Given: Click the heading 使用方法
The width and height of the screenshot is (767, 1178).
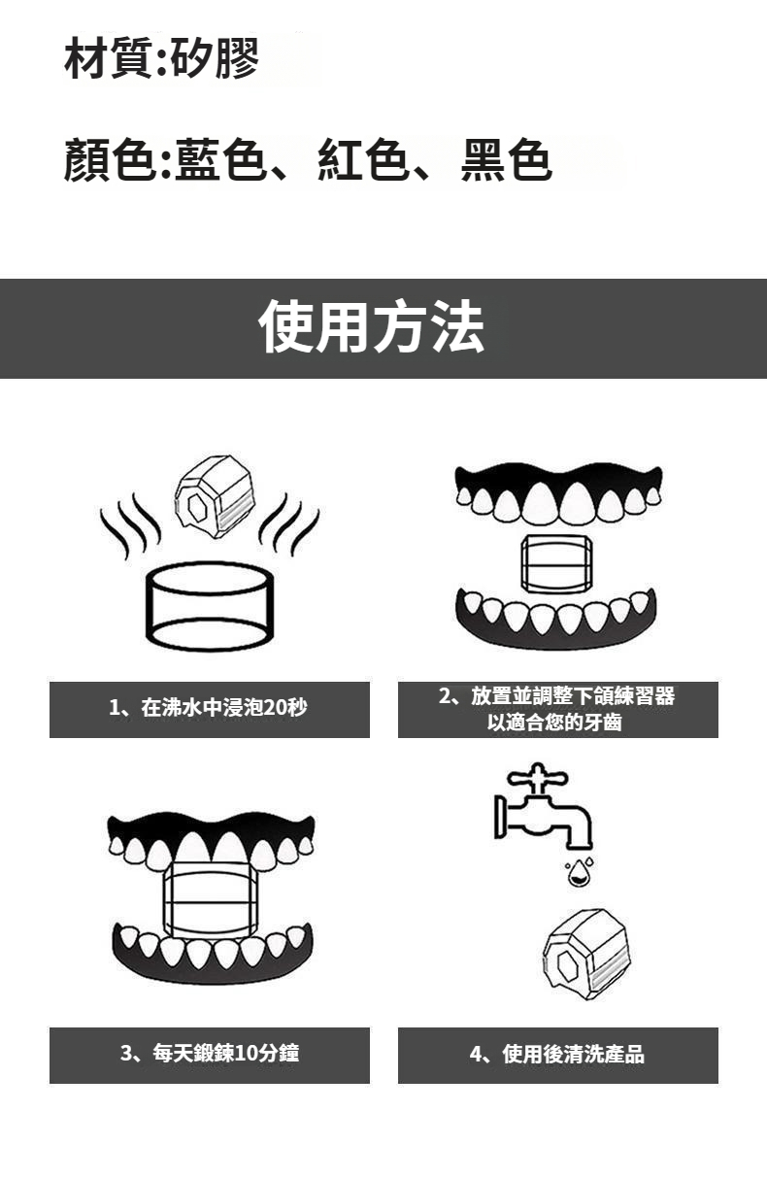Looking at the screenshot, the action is point(371,326).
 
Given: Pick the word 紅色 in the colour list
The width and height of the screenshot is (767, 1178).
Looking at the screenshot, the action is point(363,159).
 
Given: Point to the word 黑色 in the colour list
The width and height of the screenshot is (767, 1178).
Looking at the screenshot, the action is point(506,159).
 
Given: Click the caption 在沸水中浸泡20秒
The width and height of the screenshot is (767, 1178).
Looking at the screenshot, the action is point(224,708).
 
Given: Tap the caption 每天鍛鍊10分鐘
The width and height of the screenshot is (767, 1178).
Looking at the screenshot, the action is point(225,1054).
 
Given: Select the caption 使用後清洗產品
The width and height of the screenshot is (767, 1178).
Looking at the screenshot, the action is point(573,1054).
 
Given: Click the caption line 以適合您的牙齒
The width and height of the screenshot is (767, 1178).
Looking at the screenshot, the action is point(554,723).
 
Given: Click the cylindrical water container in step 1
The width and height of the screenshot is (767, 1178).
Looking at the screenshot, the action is point(210,606).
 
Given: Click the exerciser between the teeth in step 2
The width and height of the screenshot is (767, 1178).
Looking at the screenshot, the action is point(556,564).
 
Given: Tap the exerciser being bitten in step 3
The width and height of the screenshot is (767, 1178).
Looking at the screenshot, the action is point(211,900).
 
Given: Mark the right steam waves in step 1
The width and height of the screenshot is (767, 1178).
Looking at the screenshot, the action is point(289,524).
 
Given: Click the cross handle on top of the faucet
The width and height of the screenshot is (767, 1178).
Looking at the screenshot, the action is point(537,778).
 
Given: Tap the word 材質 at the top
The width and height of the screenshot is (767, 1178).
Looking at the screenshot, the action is point(109,58).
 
